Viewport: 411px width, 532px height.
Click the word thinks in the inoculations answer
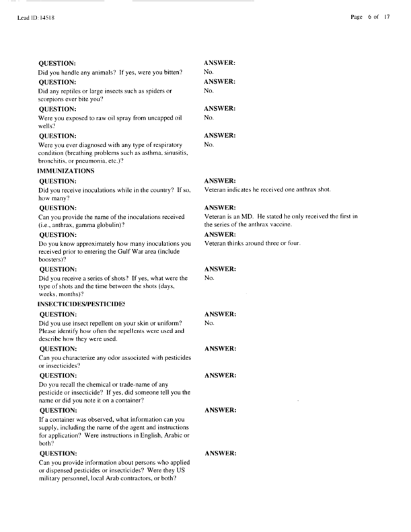tap(237, 243)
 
